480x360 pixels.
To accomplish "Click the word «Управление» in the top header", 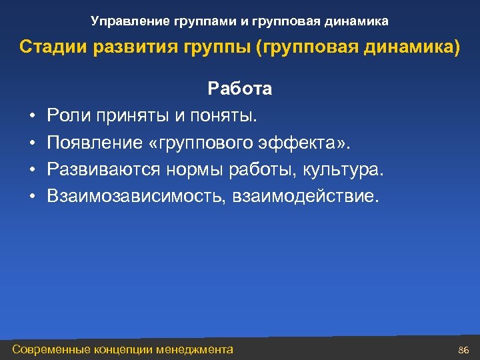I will point(125,22).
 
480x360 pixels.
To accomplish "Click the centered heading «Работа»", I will point(240,89).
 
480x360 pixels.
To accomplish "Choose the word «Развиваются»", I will point(104,169).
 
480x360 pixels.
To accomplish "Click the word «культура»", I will point(343,169).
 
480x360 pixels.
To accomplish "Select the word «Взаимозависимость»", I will point(137,196).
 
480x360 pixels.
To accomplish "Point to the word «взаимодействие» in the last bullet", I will point(304,196).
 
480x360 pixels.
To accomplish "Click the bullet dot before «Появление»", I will point(32,143).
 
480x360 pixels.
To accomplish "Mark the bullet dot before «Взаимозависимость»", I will point(32,197).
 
